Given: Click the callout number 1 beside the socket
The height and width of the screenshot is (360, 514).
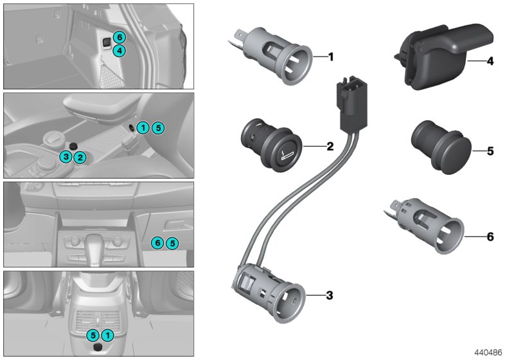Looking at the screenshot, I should tap(331, 57).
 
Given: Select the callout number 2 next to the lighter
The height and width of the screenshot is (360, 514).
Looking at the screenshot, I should tap(330, 147).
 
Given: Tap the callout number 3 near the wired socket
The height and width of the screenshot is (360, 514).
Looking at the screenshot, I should tap(330, 296).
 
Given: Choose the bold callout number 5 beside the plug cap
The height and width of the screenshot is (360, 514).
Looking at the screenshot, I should tap(490, 152).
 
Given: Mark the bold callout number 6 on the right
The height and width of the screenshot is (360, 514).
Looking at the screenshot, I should tap(490, 237).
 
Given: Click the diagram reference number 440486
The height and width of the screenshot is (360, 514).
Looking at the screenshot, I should tap(490, 353).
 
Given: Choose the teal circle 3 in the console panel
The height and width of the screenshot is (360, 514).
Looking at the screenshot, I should tap(66, 157).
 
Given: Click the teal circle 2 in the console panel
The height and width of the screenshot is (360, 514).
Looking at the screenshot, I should tap(79, 157).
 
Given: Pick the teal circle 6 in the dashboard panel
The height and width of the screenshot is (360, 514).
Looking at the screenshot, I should tap(156, 243).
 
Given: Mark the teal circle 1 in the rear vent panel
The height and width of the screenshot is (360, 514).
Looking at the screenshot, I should tap(108, 335).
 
